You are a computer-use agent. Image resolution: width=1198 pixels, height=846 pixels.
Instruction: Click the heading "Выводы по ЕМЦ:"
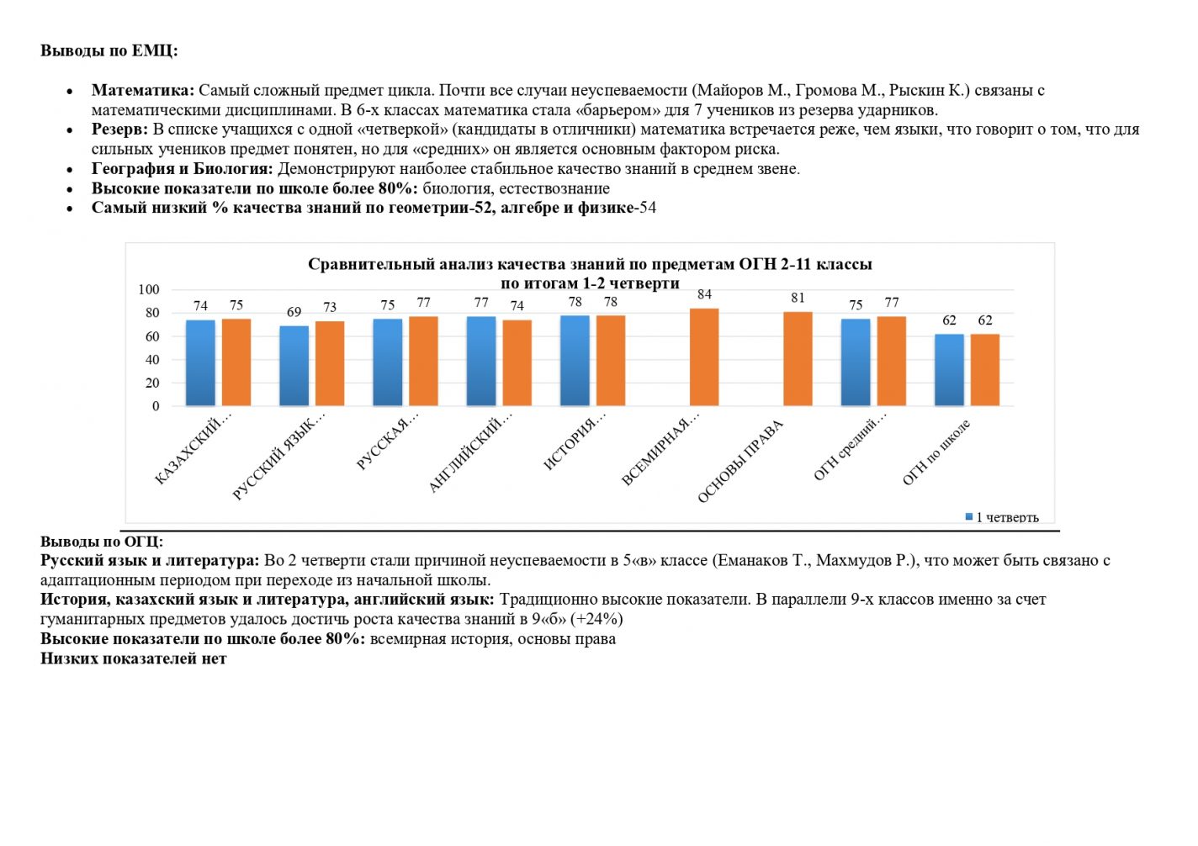click(109, 50)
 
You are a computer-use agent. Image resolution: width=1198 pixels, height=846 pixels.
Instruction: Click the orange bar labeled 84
click(704, 357)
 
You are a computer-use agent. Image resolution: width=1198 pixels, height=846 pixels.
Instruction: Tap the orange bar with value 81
click(798, 359)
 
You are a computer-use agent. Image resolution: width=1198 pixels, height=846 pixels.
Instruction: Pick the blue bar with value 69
click(294, 366)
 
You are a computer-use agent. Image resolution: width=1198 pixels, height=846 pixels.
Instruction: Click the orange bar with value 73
click(330, 363)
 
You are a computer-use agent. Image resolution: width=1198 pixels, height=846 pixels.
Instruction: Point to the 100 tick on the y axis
click(149, 289)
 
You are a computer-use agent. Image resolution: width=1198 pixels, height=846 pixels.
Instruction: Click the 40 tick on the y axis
click(152, 359)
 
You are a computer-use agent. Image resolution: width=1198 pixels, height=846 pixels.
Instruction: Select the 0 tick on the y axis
click(156, 406)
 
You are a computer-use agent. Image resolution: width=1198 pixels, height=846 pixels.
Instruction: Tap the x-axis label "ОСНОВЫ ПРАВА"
click(739, 462)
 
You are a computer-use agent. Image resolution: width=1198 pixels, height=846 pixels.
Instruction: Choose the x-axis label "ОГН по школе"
click(936, 452)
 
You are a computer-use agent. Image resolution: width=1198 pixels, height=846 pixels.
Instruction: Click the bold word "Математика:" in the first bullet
click(143, 90)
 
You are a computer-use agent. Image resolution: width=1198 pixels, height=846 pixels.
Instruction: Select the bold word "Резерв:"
click(119, 130)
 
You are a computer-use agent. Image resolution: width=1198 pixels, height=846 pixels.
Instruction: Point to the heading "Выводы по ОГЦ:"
click(102, 542)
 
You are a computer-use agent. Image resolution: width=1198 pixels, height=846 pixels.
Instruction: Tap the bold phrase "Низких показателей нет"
click(133, 658)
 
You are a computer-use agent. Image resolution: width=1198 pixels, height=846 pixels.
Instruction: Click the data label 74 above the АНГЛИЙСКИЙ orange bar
click(517, 306)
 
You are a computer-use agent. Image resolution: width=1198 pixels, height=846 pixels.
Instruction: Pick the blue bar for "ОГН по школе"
click(949, 370)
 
